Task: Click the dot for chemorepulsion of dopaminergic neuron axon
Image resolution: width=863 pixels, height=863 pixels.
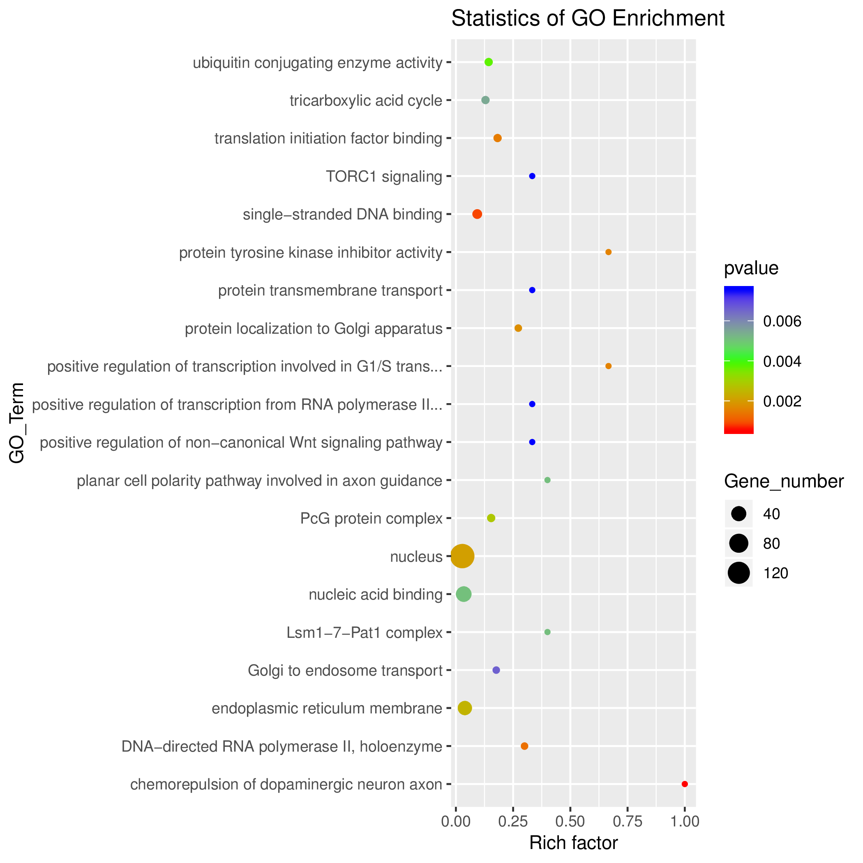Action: (x=684, y=784)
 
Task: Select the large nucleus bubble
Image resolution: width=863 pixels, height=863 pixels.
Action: (x=462, y=556)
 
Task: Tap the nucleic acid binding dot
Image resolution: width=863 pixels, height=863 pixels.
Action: (x=464, y=594)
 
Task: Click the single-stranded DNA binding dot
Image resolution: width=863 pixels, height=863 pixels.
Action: (x=477, y=215)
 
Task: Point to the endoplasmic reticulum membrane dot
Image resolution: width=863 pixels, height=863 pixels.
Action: (x=464, y=708)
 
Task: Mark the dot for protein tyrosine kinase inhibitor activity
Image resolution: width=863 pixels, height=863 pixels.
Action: (x=608, y=252)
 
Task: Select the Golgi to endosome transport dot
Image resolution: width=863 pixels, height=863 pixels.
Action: (x=496, y=670)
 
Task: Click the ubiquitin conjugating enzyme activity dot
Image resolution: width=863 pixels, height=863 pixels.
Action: (x=489, y=62)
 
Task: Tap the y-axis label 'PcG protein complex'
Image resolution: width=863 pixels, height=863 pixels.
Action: (x=371, y=519)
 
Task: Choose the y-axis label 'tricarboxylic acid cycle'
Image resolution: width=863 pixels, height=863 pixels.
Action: (x=366, y=101)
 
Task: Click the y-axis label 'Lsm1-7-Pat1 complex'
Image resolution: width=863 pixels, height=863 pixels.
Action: (x=365, y=632)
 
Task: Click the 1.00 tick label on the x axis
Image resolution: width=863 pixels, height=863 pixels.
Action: (x=684, y=821)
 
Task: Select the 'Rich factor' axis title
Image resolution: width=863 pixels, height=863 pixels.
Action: (x=574, y=843)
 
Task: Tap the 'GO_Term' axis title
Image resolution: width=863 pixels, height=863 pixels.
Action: (x=17, y=423)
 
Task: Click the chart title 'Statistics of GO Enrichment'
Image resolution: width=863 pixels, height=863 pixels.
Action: (x=588, y=19)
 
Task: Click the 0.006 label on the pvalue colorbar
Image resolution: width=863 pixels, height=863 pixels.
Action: (x=782, y=321)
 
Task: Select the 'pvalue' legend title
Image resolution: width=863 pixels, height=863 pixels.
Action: (x=751, y=268)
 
